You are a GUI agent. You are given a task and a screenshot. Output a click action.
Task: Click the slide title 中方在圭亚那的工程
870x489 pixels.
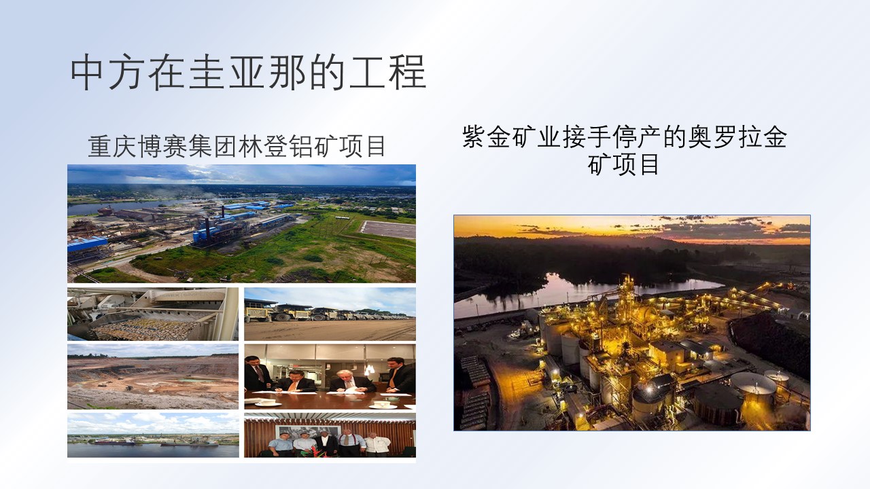point(248,73)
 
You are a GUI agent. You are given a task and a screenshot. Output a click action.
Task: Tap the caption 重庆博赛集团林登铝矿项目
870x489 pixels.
point(237,146)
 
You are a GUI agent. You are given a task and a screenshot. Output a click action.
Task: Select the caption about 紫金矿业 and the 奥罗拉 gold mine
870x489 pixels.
point(624,150)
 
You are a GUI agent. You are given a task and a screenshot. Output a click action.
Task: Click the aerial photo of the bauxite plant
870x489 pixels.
point(241,223)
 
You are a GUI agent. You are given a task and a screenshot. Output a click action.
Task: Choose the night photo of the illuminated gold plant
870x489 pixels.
point(632,323)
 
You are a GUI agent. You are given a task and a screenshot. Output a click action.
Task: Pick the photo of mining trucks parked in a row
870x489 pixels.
point(330,314)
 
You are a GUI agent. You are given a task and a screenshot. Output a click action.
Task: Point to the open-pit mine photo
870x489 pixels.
point(153,376)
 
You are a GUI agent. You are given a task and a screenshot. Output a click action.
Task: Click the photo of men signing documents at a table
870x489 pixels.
point(330,376)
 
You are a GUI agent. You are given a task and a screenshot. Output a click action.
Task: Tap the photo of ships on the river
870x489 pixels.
point(153,435)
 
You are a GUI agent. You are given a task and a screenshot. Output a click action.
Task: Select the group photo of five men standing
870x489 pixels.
point(330,435)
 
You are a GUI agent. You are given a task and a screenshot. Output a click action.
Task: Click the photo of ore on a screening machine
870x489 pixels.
point(153,314)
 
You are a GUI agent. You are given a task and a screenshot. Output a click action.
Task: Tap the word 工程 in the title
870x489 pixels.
point(387,73)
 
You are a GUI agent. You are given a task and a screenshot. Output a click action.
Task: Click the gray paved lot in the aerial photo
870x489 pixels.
point(388,230)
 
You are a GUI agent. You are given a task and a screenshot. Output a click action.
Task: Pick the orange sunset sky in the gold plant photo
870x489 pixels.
point(632,229)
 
